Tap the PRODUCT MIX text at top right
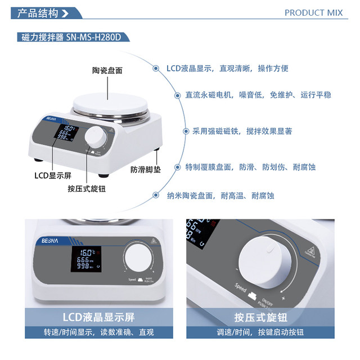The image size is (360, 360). pos(318,12)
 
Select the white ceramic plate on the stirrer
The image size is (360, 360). pos(111,104)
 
